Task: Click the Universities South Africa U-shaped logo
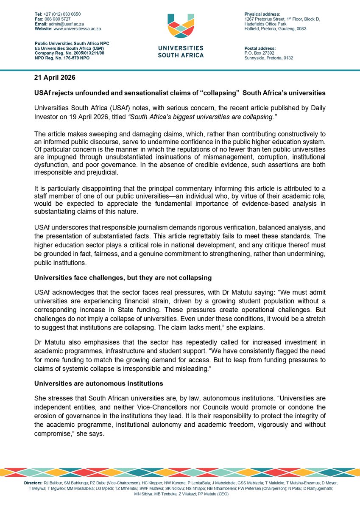(181, 28)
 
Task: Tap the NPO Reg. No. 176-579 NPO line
(62, 58)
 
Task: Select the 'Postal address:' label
(258, 48)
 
